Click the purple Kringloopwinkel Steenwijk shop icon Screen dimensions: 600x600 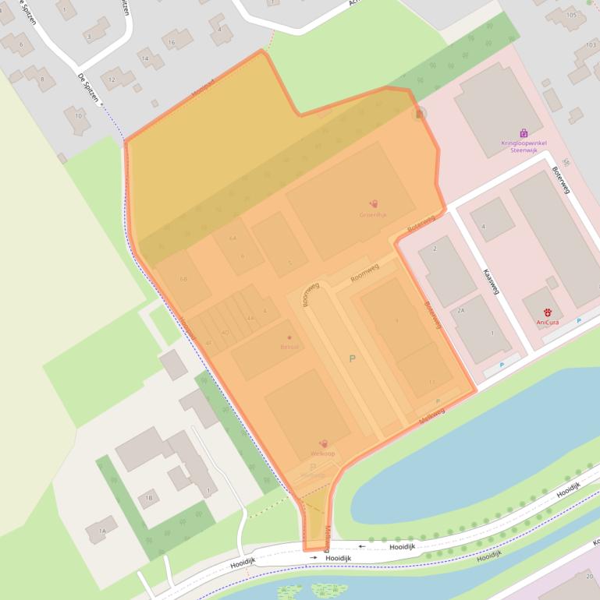coord(524,133)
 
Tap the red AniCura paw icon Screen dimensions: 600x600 coord(548,312)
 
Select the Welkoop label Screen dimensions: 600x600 coord(322,454)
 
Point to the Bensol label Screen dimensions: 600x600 coord(289,346)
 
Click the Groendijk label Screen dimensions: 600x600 coord(373,214)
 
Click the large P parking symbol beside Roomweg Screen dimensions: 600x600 coord(352,358)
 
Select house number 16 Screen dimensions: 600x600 coord(170,42)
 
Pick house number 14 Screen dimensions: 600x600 coord(144,58)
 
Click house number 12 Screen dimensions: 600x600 coord(112,79)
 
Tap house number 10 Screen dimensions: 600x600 coord(77,116)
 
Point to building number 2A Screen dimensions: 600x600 coord(460,310)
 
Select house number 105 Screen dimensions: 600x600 coord(572,15)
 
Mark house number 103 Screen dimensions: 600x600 coord(590,44)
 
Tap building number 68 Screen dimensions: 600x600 coord(183,279)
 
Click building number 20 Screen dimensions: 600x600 coord(586,576)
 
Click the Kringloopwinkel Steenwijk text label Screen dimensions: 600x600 coord(524,146)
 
